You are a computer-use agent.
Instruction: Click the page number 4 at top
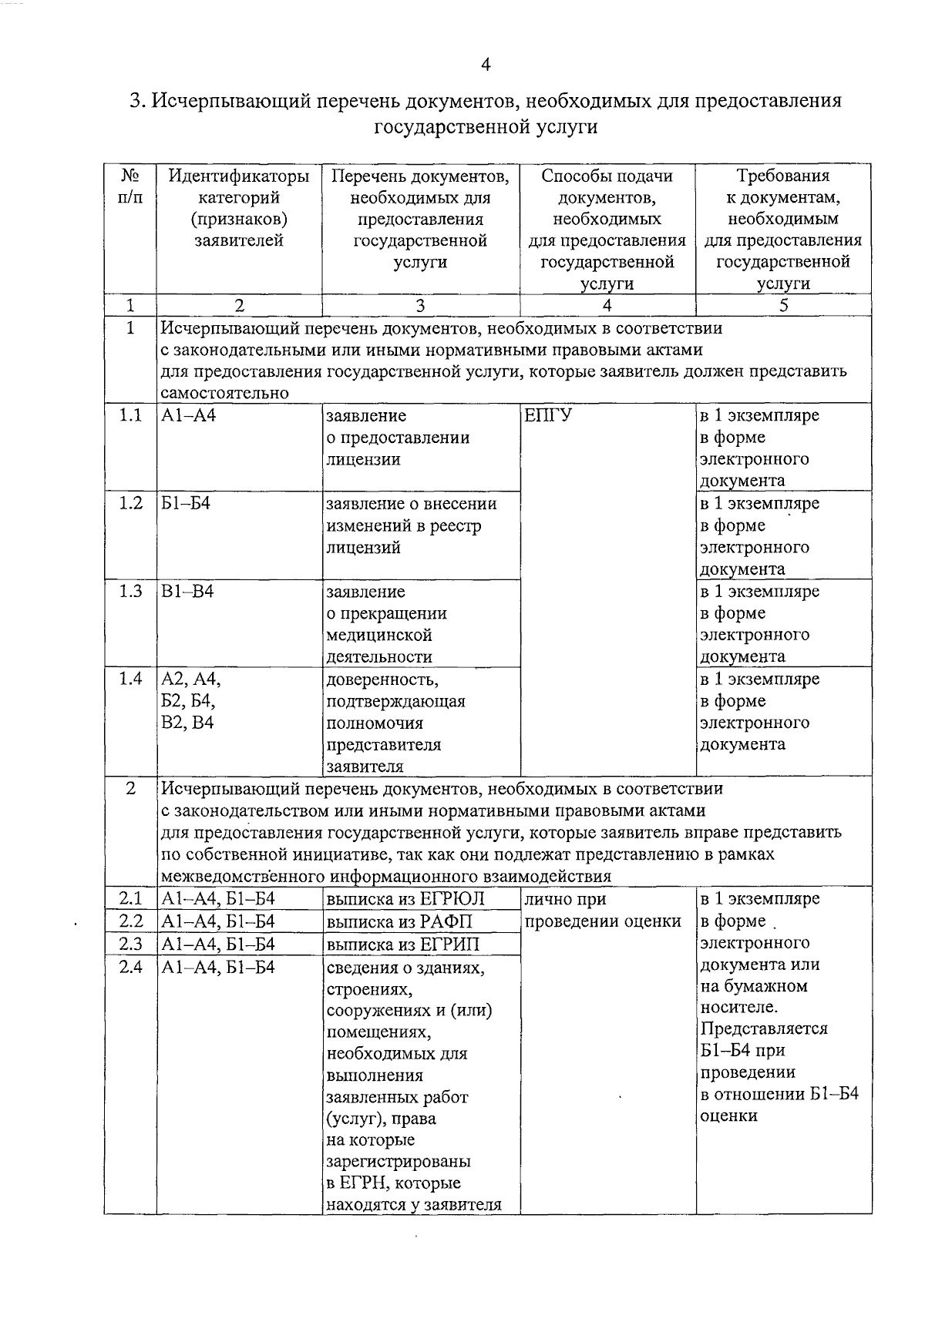click(486, 65)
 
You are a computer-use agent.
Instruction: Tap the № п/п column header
click(130, 186)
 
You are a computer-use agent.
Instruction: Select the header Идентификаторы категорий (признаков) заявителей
click(239, 208)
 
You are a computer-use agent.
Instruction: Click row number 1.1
click(130, 416)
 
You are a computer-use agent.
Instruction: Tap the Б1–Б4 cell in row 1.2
click(185, 504)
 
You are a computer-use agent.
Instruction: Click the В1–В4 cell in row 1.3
click(187, 592)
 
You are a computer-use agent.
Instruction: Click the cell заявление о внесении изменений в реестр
click(411, 525)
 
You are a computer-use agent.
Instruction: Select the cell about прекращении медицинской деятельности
click(385, 624)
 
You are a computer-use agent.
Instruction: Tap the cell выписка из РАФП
click(399, 921)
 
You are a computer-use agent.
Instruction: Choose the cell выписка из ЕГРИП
click(402, 945)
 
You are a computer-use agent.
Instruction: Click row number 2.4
click(130, 967)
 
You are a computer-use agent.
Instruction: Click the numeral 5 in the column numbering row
click(783, 305)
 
